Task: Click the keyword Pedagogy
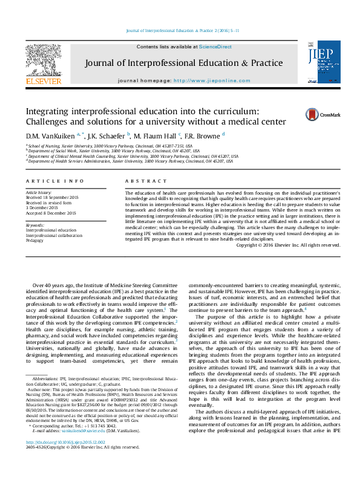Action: click(35, 240)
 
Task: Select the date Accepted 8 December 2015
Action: click(51, 213)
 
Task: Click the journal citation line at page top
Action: click(182, 30)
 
